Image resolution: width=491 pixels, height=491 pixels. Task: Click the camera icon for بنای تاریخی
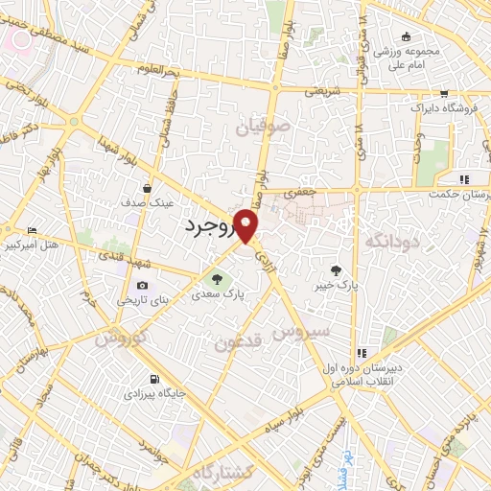tap(143, 285)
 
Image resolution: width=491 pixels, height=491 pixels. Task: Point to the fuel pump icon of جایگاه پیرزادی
tap(154, 379)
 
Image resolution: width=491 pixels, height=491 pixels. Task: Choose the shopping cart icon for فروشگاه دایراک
tap(444, 94)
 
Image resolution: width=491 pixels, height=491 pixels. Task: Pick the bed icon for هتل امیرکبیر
tap(34, 231)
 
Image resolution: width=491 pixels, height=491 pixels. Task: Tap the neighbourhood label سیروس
tap(300, 330)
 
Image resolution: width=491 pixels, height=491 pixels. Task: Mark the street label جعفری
tap(303, 193)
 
